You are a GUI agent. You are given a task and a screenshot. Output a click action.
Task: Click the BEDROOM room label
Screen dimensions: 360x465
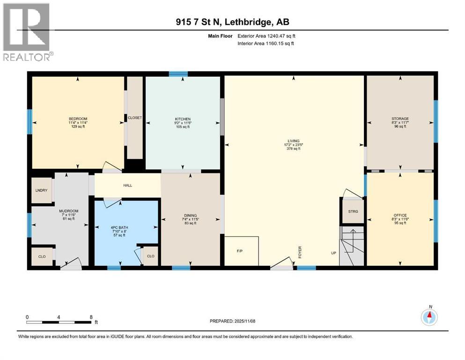click(78, 119)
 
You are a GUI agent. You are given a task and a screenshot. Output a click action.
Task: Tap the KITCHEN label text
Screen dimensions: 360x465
click(182, 119)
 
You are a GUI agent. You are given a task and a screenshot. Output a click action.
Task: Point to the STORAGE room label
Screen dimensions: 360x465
click(400, 119)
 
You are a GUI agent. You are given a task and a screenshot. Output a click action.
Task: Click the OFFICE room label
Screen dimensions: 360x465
click(400, 215)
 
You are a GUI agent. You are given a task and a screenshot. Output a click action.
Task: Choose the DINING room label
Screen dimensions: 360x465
click(191, 215)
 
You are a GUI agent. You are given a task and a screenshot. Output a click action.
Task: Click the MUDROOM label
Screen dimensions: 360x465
click(66, 211)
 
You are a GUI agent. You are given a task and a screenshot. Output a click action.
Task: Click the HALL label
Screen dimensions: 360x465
click(127, 185)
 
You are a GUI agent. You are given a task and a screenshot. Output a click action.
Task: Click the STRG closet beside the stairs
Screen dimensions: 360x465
click(353, 211)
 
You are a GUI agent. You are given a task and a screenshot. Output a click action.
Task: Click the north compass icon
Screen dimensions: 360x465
click(429, 317)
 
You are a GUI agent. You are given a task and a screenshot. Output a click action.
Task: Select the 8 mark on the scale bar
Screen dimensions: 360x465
click(90, 317)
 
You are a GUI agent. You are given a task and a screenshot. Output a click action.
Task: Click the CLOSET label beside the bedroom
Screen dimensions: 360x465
click(134, 118)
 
